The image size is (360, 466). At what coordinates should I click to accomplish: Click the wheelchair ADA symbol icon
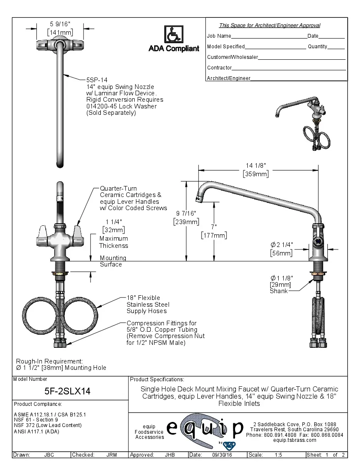174,34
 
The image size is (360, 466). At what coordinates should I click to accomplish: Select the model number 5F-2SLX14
67,391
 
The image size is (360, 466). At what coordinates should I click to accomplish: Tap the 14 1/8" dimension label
256,166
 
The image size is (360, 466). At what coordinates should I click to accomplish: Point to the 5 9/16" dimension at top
60,25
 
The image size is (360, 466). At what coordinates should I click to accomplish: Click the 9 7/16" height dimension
186,214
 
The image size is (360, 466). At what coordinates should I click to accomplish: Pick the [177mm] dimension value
214,235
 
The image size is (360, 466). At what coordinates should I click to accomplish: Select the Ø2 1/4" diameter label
282,245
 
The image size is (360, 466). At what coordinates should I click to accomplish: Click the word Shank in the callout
279,291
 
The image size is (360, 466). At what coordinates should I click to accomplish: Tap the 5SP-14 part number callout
97,80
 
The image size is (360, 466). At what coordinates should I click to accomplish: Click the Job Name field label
219,36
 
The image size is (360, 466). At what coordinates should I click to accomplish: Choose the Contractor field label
219,68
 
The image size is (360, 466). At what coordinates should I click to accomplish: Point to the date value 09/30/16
222,455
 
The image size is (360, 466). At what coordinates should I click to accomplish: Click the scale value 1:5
279,455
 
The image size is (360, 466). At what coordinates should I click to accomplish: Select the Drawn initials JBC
49,455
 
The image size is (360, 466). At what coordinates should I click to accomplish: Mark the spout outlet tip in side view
197,198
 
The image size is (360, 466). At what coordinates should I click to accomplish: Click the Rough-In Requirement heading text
50,361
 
